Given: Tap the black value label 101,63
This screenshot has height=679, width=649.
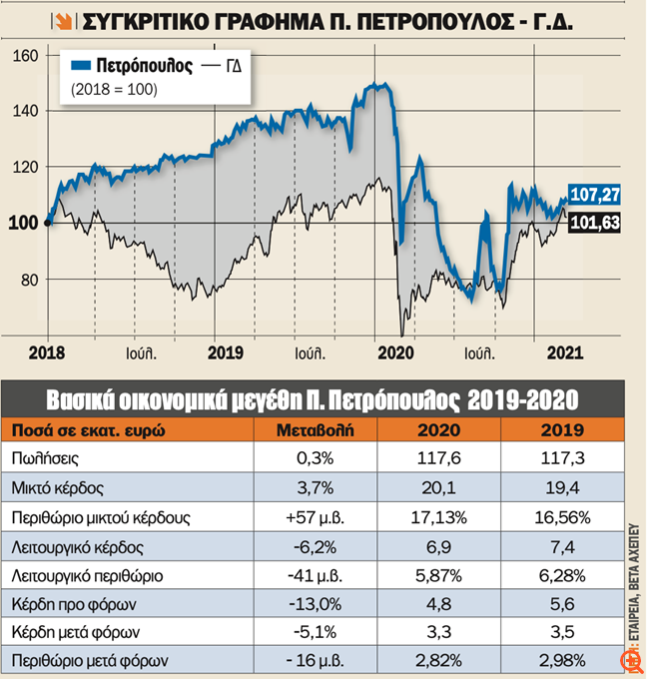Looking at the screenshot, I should coord(594,224).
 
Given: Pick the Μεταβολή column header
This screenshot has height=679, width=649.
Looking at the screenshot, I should coord(321,430).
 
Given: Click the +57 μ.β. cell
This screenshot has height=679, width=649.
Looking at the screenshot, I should coord(321,517).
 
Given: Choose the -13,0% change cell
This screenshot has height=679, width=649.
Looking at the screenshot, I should coord(321,603).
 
